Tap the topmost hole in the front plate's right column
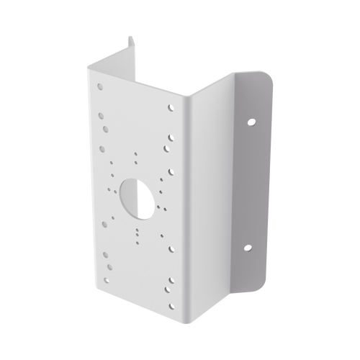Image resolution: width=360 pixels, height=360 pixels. point(171,108)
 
